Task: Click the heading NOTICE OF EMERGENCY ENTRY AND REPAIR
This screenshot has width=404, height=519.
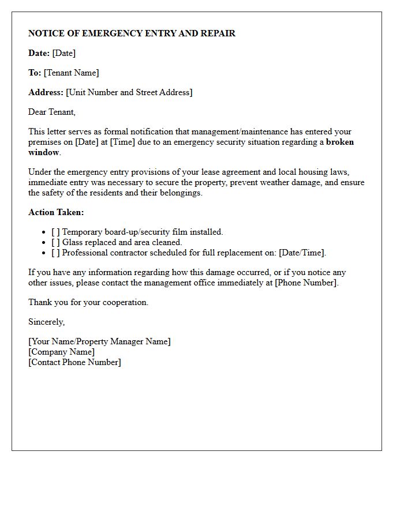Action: tap(132, 33)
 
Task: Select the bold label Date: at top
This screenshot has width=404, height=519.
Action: tap(39, 53)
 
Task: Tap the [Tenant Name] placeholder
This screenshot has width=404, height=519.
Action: tap(71, 73)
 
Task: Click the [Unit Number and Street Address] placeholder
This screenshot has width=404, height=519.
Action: tap(129, 92)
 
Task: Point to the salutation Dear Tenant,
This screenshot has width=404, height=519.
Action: tap(52, 112)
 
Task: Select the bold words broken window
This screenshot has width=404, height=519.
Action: tap(339, 142)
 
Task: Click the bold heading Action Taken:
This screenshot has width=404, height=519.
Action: tap(56, 212)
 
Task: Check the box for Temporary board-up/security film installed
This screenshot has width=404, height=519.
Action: tap(55, 232)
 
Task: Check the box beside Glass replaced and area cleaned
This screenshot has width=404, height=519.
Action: tap(55, 242)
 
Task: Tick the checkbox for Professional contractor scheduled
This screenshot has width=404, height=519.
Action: tap(55, 253)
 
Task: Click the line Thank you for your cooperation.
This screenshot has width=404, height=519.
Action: tap(88, 302)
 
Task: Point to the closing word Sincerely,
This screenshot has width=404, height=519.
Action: tap(47, 322)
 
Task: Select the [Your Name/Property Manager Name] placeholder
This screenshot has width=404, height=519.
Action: tap(99, 341)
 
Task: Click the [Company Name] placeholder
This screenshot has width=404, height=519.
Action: tap(61, 352)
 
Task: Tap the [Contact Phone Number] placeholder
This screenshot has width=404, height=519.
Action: tap(74, 362)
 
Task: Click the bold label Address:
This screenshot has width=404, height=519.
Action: tap(46, 92)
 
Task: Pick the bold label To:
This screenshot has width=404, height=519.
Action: tap(35, 73)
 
